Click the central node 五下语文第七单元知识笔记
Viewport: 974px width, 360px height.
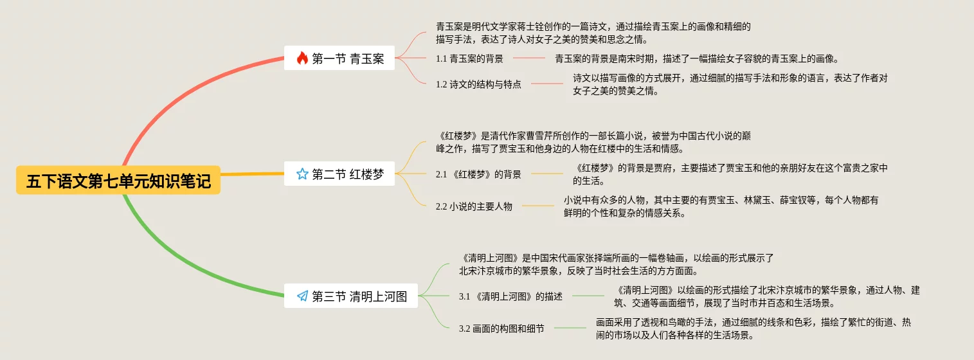(118, 181)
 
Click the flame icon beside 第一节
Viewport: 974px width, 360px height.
(302, 59)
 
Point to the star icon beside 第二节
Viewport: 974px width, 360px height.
(302, 174)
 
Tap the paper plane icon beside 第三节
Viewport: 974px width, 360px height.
(302, 296)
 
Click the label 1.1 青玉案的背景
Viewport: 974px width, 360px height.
(469, 59)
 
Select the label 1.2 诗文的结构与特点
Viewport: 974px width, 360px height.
(478, 84)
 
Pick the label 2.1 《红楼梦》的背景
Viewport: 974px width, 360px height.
(478, 174)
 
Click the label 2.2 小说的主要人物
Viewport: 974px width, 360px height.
(474, 206)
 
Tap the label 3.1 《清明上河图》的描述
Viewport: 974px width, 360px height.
(510, 296)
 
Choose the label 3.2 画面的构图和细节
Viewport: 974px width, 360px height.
(501, 328)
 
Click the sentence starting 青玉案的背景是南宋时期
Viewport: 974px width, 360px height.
(696, 59)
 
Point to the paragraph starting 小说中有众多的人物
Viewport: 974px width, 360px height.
(721, 206)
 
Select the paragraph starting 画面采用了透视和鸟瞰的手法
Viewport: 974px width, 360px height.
(753, 328)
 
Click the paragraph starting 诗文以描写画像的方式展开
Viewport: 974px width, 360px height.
(730, 84)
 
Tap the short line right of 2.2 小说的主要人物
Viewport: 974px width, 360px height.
(538, 206)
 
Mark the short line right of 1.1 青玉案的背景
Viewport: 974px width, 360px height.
(529, 59)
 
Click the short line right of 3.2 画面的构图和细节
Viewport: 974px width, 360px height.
(570, 328)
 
